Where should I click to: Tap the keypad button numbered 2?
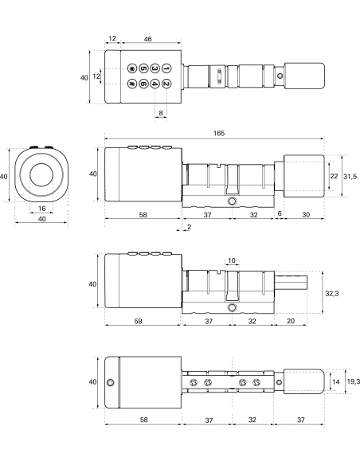166,84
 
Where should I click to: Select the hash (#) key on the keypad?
131,84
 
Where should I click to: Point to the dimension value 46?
148,38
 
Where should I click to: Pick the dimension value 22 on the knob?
334,175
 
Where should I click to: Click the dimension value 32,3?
333,294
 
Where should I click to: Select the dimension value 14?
335,383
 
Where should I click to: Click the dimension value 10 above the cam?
232,261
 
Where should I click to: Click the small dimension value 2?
188,228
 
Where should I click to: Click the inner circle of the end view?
41,176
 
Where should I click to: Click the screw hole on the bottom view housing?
111,383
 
